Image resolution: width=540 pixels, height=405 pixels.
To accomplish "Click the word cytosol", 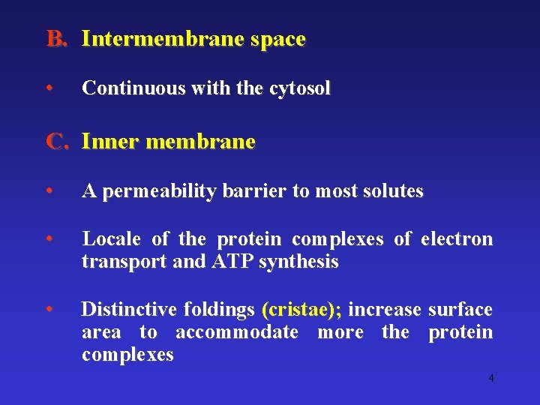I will tap(299, 88).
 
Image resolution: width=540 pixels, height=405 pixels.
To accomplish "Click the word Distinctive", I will tap(129, 310).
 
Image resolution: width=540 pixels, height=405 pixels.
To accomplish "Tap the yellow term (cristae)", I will tap(301, 310).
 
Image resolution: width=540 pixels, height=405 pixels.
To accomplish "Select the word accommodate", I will tap(238, 332).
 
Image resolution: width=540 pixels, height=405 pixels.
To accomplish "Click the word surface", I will tap(460, 310).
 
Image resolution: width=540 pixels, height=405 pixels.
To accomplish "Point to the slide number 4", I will tap(491, 378).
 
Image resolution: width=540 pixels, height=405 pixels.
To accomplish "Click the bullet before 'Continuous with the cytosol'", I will tap(49, 88).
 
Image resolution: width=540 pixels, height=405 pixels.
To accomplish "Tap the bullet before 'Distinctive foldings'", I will tap(49, 308).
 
